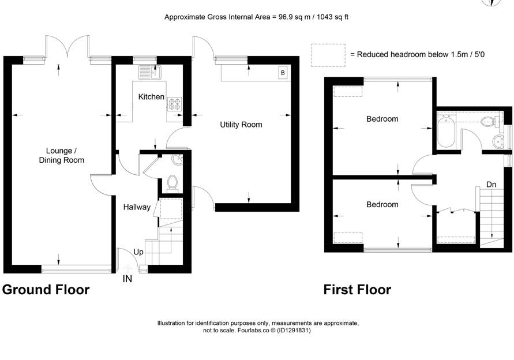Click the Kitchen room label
coord(151,97)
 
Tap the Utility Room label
coord(241,125)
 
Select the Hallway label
coord(137,207)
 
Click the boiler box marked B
coord(283,73)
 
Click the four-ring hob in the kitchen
coord(174,104)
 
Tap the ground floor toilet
coord(172,182)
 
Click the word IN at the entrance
coord(127,279)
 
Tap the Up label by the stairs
coord(138,252)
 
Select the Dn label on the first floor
coord(491,185)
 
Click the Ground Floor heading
coord(46,290)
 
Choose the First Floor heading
coord(357,290)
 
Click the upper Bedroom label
coord(382,119)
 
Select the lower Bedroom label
coord(382,205)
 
